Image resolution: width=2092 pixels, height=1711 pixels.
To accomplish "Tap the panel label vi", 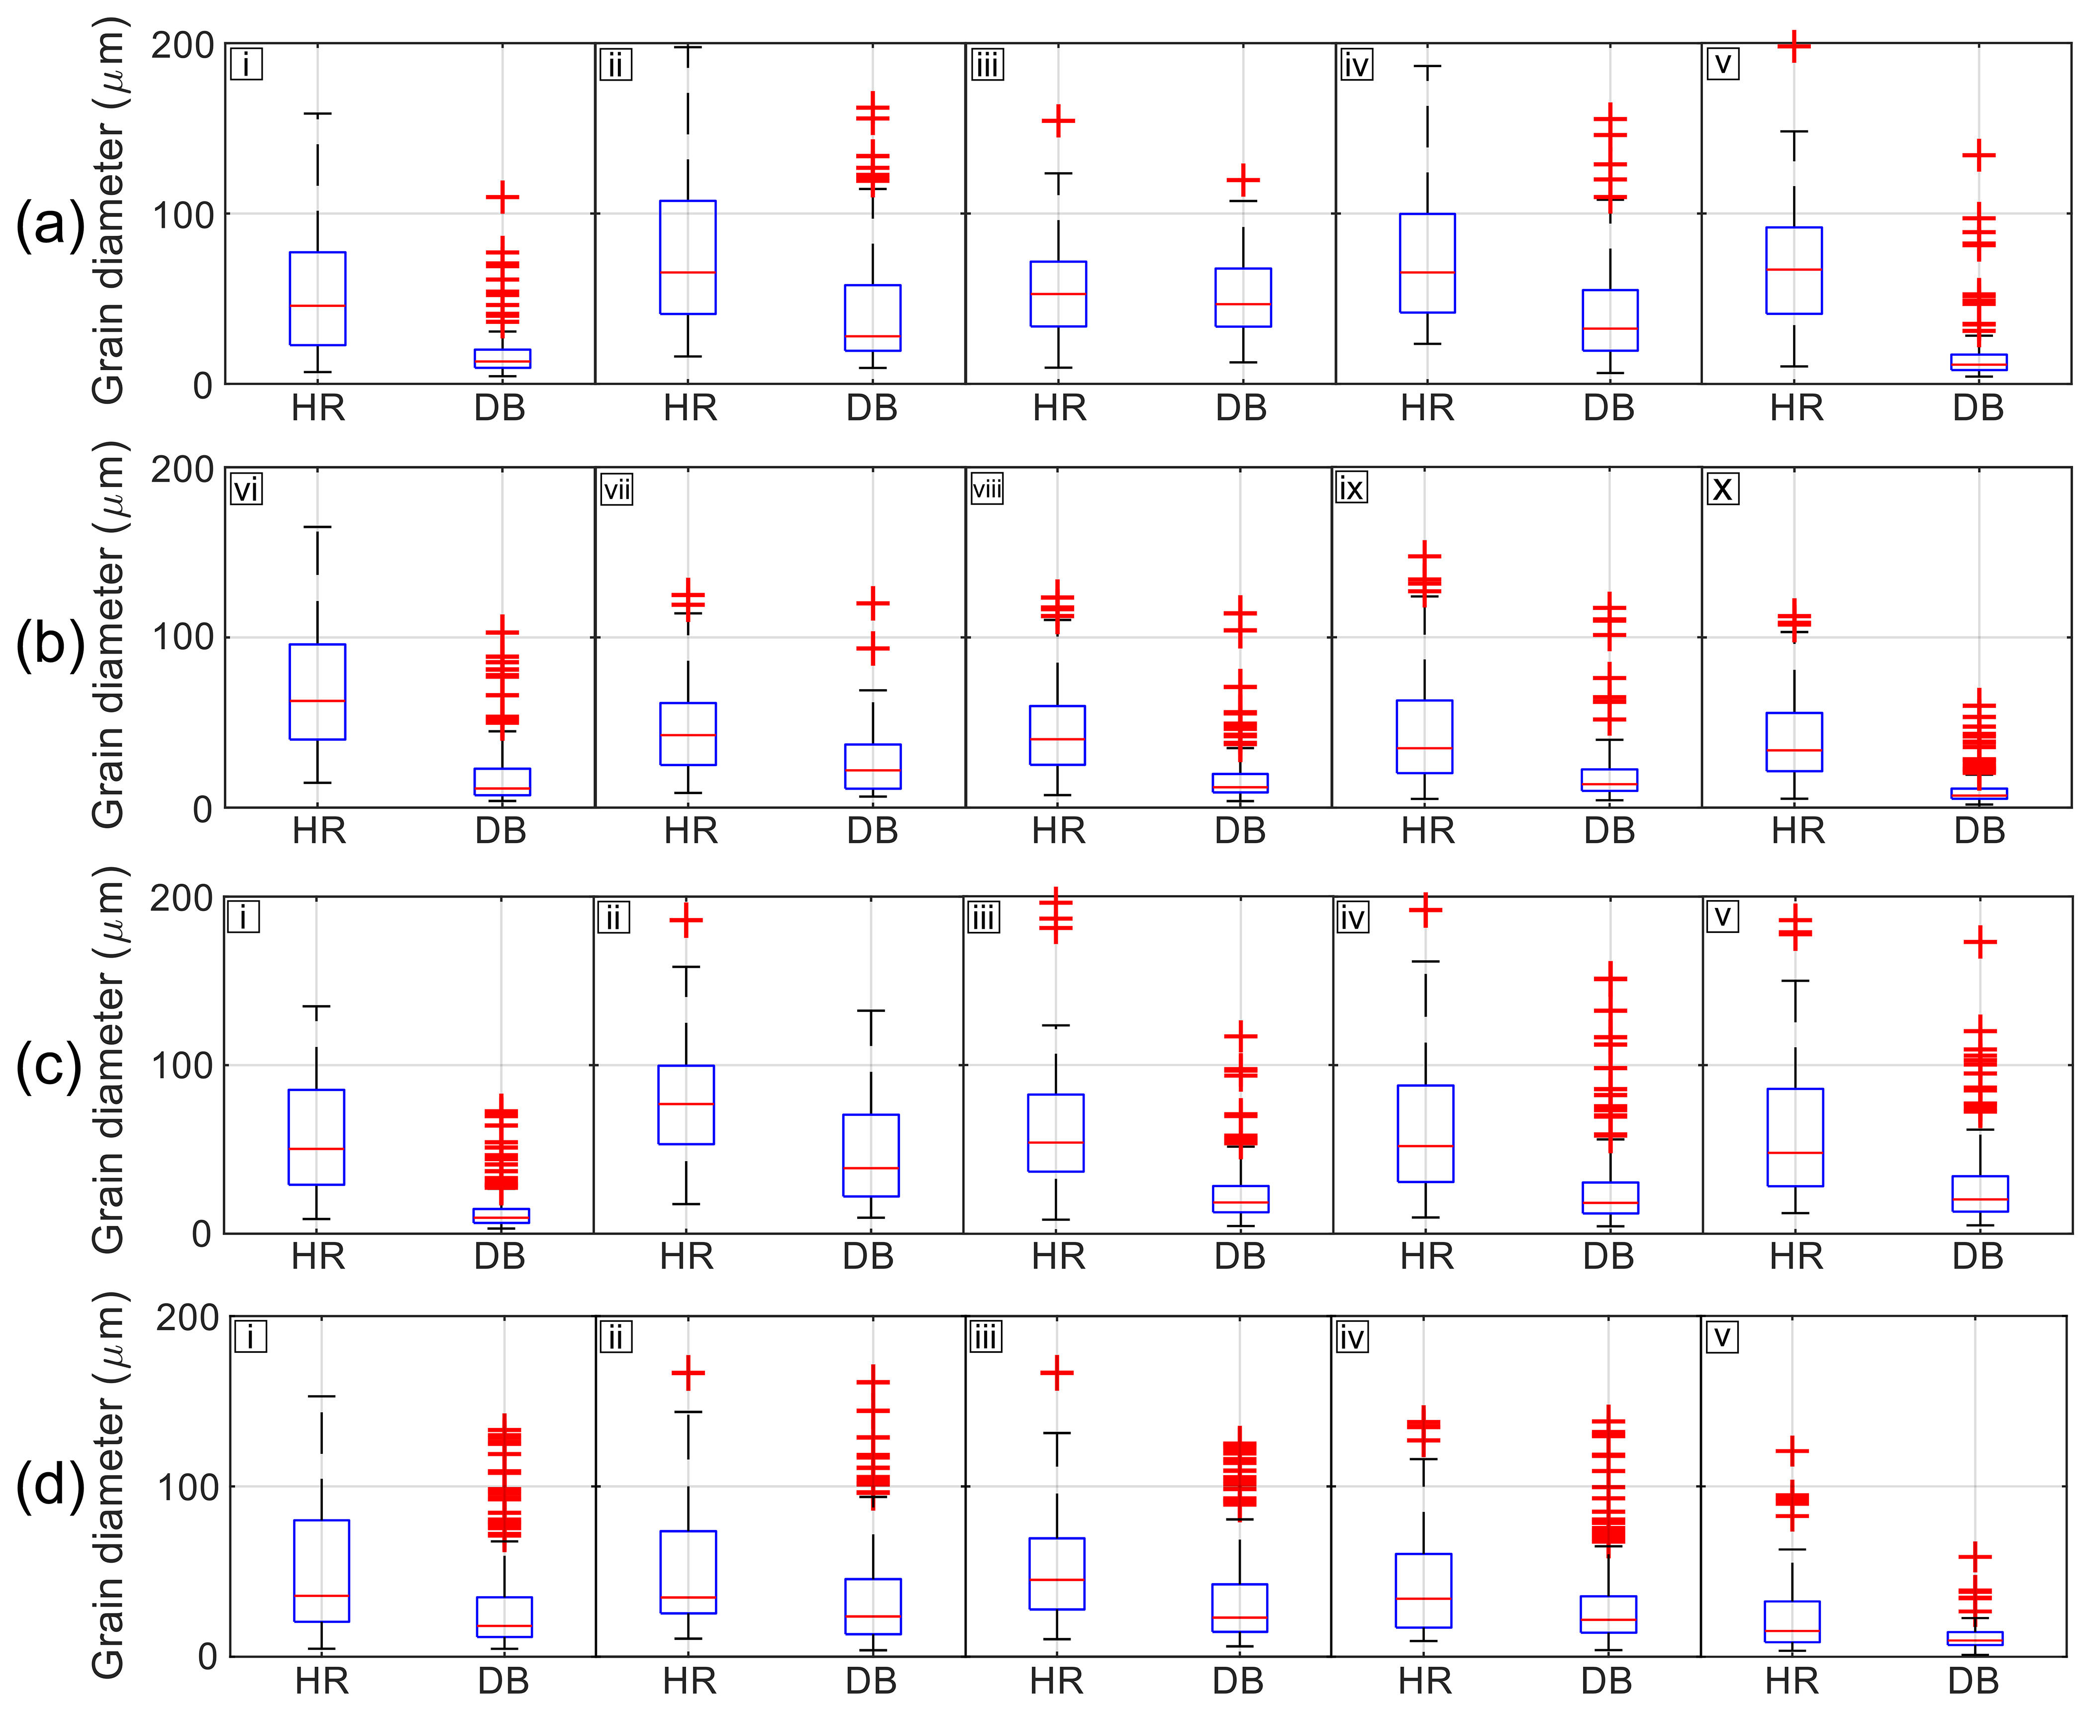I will click(x=246, y=489).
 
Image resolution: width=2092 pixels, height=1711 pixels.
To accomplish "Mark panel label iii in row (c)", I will click(x=984, y=917).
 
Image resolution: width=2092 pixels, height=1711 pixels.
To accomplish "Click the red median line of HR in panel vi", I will click(x=317, y=701).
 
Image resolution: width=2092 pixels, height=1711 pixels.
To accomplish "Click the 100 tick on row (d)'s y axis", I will click(x=187, y=1486).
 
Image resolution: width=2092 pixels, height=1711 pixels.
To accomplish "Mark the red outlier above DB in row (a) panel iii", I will click(x=1243, y=181).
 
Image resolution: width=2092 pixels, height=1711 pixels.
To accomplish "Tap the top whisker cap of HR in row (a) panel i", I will click(x=317, y=114).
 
